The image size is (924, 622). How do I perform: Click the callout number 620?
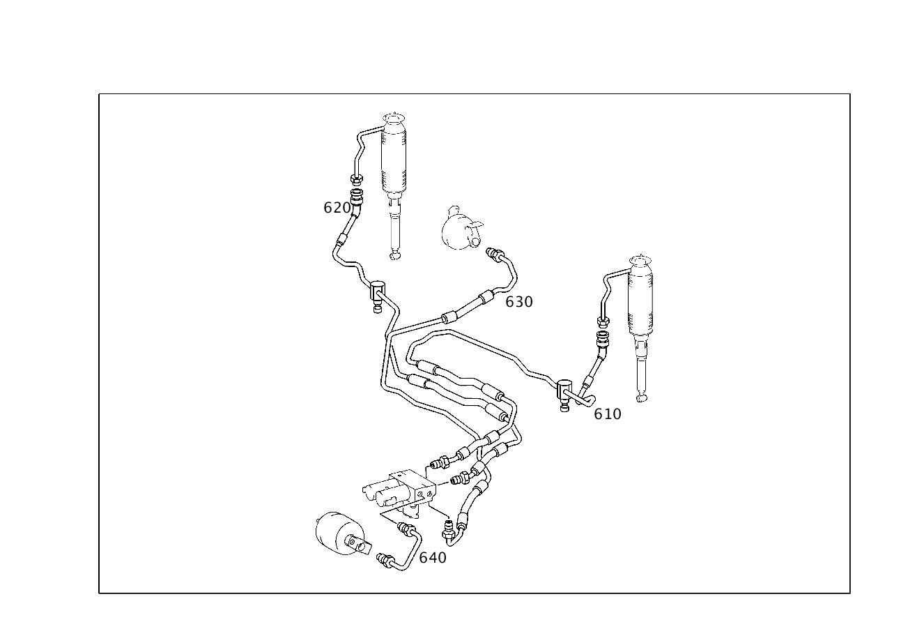(x=337, y=208)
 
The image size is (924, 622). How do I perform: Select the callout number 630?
(x=519, y=302)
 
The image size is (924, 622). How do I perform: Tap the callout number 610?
(x=607, y=414)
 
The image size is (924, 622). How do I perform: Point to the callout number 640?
(x=433, y=558)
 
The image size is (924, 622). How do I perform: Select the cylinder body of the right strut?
(x=640, y=301)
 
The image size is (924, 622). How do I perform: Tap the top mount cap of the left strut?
(x=394, y=118)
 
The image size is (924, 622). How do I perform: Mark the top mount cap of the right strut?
(x=640, y=261)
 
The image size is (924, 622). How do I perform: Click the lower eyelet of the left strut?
(x=395, y=255)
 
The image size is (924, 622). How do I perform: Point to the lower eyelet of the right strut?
(x=642, y=398)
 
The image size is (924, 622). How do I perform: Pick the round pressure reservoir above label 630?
(x=460, y=229)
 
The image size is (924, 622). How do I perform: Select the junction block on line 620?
(x=378, y=290)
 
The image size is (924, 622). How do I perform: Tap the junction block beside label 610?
(x=564, y=390)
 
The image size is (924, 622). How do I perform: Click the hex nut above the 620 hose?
(x=356, y=179)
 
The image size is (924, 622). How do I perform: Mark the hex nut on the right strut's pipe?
(x=603, y=321)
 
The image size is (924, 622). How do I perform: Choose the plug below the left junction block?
(x=377, y=308)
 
